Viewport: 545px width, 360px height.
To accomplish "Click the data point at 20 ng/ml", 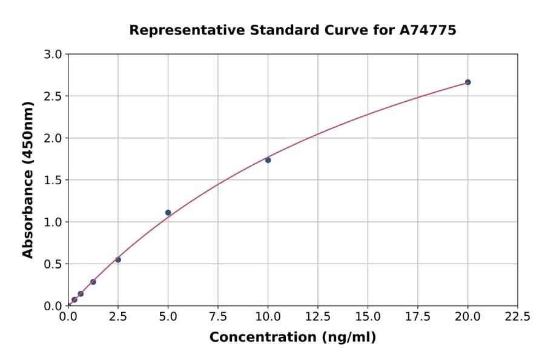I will pyautogui.click(x=467, y=82).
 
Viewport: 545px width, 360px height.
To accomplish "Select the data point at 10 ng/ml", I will pyautogui.click(x=268, y=160).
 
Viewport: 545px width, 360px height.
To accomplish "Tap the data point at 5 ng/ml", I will pyautogui.click(x=168, y=213).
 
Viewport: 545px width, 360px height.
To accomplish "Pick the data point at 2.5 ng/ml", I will pyautogui.click(x=118, y=260).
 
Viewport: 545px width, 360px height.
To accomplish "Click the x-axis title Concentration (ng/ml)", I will pyautogui.click(x=292, y=338).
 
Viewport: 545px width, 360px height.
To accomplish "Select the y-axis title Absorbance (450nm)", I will pyautogui.click(x=28, y=179).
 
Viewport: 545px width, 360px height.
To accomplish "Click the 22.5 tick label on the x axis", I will pyautogui.click(x=518, y=316).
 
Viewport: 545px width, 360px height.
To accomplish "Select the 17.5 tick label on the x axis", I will pyautogui.click(x=418, y=316).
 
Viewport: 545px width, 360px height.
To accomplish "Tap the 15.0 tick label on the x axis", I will pyautogui.click(x=368, y=316).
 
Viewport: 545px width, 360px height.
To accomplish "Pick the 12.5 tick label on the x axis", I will pyautogui.click(x=318, y=316).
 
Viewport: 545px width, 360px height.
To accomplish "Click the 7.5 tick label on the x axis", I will pyautogui.click(x=218, y=316).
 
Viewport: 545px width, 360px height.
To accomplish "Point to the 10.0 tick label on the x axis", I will pyautogui.click(x=268, y=316).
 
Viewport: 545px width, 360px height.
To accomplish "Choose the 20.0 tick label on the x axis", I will pyautogui.click(x=467, y=316).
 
